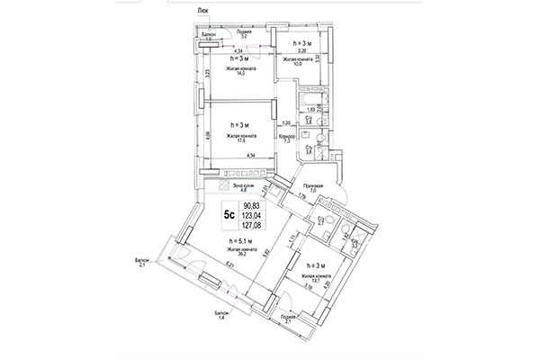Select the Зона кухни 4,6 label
[238, 187]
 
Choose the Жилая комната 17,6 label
[238, 137]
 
